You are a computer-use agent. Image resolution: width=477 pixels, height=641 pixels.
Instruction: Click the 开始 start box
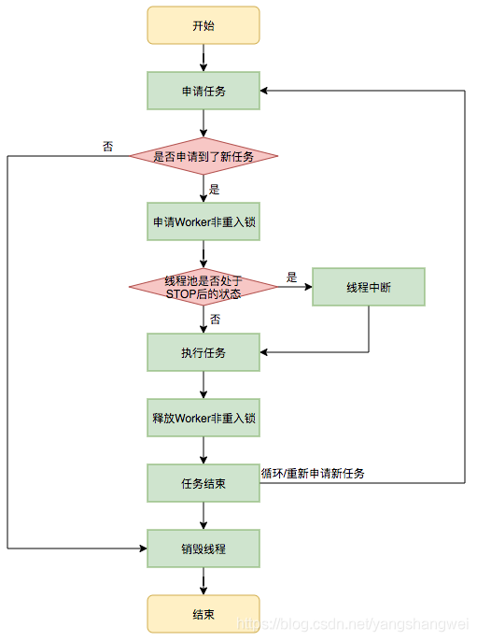coord(203,25)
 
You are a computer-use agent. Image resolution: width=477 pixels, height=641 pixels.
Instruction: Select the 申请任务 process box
coord(203,91)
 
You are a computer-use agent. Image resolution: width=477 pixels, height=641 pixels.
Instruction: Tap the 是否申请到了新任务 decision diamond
coord(203,156)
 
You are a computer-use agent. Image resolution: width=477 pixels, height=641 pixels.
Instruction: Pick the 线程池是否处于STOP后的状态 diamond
coord(203,287)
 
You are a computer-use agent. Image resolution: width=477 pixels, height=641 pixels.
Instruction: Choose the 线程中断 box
coord(368,287)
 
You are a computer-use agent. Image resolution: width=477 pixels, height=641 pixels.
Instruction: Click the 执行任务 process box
coord(203,352)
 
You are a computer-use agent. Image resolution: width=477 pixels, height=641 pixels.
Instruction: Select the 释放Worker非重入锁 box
coord(203,418)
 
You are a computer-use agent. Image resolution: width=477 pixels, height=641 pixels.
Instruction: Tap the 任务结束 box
coord(203,483)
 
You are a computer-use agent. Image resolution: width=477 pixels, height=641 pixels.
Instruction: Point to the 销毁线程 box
coord(203,548)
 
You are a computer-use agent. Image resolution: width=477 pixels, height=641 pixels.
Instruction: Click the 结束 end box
coord(203,614)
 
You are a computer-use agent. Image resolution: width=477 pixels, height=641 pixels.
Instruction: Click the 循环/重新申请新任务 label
coord(313,474)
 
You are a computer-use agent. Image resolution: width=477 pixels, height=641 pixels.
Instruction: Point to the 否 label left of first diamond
coord(108,146)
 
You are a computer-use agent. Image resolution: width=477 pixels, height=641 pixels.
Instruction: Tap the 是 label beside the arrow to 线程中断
coord(291,277)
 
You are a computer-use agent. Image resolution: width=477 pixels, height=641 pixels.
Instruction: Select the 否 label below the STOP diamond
coord(215,319)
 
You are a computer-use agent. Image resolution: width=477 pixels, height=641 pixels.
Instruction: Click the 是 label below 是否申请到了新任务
coord(215,189)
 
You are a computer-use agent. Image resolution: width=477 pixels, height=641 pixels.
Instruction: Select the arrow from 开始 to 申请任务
coord(203,57)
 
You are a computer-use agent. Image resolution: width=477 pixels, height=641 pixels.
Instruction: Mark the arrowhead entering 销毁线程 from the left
coord(142,548)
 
